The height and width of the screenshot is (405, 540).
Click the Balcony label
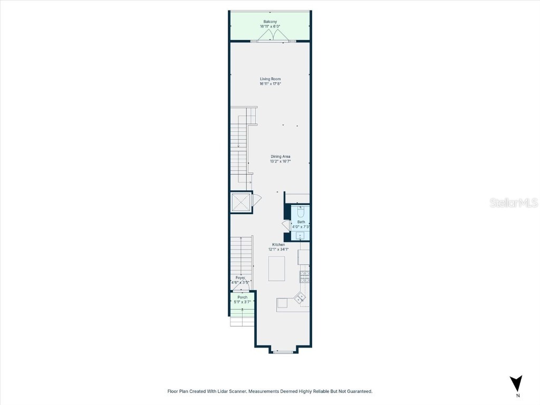click(x=270, y=22)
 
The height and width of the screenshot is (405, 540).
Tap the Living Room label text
click(x=270, y=79)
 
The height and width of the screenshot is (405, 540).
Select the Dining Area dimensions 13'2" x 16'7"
click(x=280, y=161)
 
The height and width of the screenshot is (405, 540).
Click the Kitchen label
click(x=278, y=245)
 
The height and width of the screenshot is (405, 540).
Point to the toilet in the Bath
click(x=301, y=213)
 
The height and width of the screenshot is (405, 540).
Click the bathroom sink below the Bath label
click(x=300, y=235)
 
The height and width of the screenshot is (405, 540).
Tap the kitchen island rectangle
click(x=277, y=268)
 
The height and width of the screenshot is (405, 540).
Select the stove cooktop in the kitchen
click(x=304, y=276)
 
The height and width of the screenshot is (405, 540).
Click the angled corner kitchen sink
click(x=300, y=298)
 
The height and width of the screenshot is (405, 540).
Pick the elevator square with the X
click(x=241, y=202)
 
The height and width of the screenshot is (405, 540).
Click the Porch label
click(x=242, y=297)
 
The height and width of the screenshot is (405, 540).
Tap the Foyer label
click(x=240, y=277)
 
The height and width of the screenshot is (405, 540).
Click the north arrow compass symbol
click(x=517, y=383)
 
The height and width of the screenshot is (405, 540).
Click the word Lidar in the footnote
click(x=224, y=391)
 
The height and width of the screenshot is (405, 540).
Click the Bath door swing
click(x=286, y=225)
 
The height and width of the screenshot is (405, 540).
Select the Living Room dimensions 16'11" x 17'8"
click(x=270, y=84)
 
